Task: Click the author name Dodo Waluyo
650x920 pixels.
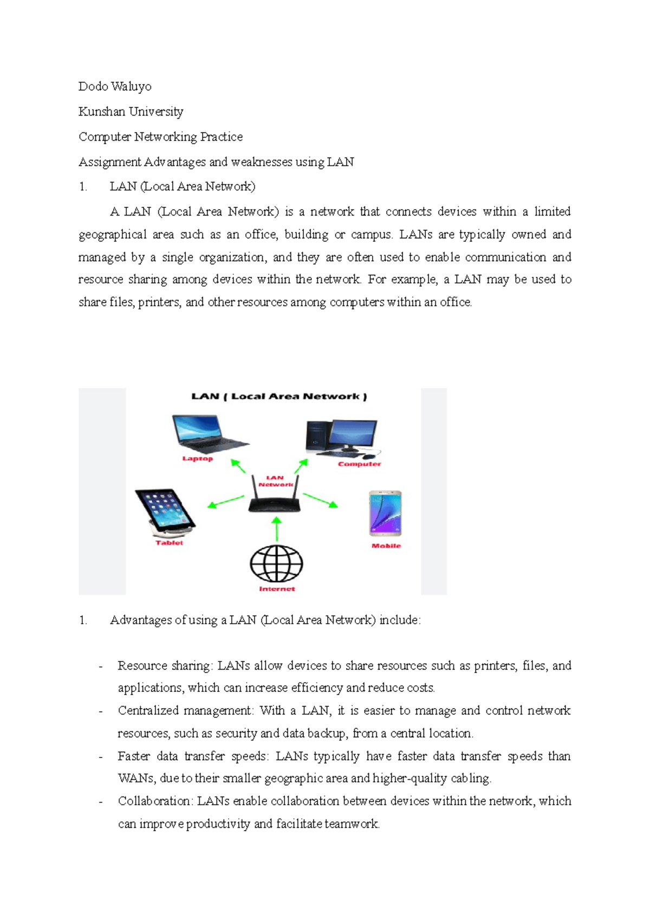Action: coord(115,87)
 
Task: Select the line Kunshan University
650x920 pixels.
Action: coord(131,112)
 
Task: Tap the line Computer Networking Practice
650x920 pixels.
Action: coord(160,137)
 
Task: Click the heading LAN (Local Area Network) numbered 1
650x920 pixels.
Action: coord(182,186)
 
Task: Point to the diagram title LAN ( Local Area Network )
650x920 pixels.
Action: coord(279,397)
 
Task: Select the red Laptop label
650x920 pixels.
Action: coord(198,458)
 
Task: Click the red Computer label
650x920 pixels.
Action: coord(359,464)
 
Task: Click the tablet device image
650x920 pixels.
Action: coord(164,512)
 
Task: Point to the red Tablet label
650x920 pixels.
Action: coord(169,543)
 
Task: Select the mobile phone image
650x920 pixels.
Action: coord(385,513)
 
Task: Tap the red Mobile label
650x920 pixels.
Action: coord(386,546)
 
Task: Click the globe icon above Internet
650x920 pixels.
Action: coord(276,563)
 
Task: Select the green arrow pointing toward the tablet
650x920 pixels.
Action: coord(225,502)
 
